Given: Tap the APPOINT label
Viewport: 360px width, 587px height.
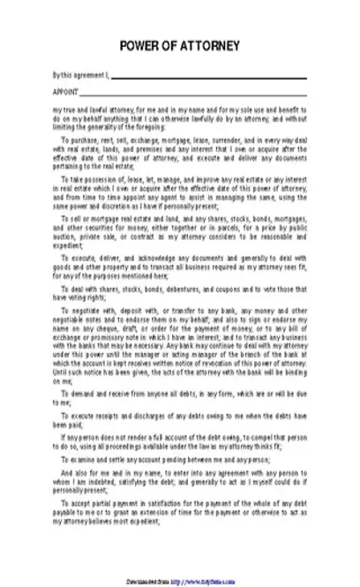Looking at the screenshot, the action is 65,91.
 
